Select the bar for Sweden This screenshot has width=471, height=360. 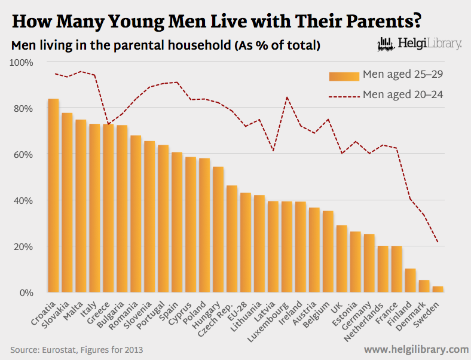[438, 289]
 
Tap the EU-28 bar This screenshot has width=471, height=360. [246, 243]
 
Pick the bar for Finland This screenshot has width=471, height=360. [411, 280]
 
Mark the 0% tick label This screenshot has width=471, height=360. [26, 292]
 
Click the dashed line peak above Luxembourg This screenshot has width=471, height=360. [287, 97]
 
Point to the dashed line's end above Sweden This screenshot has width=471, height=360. [438, 242]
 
